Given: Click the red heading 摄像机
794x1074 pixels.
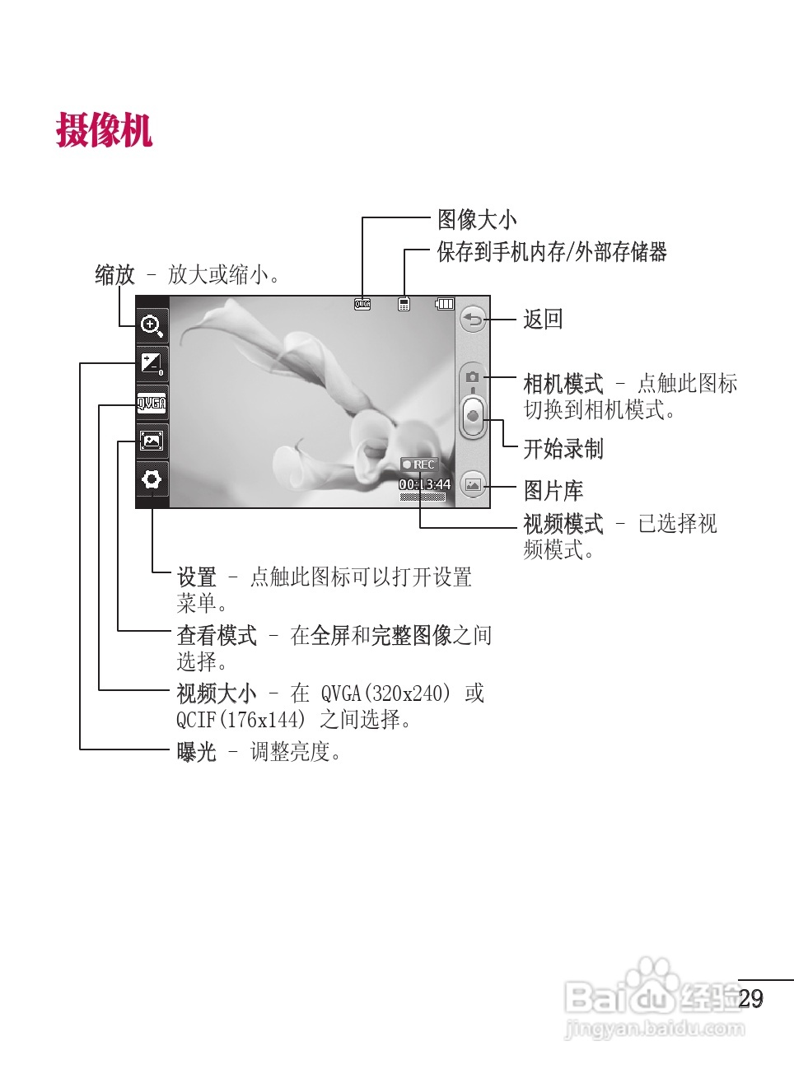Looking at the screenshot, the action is pos(104,130).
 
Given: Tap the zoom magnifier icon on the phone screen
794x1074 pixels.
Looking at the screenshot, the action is pos(152,326).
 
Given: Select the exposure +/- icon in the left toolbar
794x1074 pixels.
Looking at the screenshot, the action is pos(152,363).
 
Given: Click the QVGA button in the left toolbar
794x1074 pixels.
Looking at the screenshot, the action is pos(152,403).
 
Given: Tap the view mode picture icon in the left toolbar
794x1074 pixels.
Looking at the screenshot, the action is pos(152,441).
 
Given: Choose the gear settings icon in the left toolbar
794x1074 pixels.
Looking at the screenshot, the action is pos(152,479).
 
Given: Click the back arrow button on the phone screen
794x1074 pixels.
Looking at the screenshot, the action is pos(473,320).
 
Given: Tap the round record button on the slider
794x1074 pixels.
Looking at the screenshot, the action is pos(473,416).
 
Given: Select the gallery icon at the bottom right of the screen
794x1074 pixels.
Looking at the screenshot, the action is pos(473,485).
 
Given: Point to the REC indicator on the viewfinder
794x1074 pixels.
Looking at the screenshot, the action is pos(419,465).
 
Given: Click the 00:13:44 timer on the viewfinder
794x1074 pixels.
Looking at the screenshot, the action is pos(425,484).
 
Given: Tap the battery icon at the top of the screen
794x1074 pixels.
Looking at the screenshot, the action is pos(445,304).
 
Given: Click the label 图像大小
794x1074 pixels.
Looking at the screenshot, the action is pos(477,220).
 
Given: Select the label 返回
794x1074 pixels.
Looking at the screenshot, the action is pos(543,320).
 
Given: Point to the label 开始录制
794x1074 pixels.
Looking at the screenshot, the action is pos(563,449).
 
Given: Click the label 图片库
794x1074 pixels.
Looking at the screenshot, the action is pos(553,491).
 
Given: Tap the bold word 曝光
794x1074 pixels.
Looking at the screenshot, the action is pos(196,752).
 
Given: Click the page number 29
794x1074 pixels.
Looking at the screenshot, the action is pos(750,999).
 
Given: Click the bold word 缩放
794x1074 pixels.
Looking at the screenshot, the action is pos(114,275).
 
